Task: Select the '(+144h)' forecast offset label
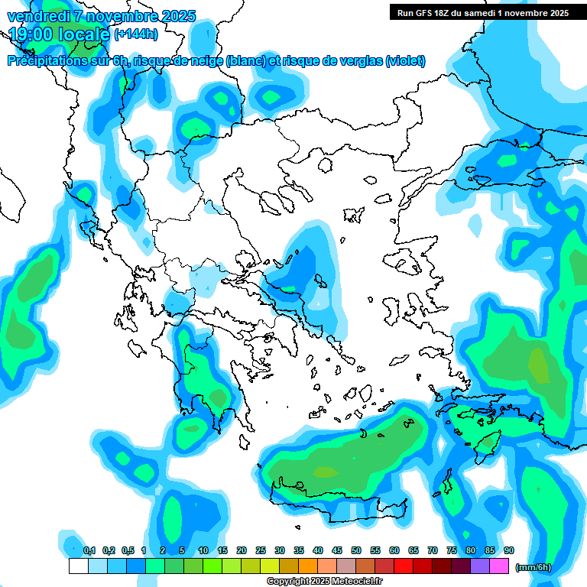coord(136,34)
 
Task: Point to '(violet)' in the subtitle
coord(405,61)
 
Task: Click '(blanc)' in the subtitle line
coord(244,61)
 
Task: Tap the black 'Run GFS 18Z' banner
coord(482,12)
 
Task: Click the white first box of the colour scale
coord(78,566)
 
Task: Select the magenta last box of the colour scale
coord(499,566)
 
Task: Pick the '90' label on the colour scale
coord(509,550)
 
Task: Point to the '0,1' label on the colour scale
coord(89,550)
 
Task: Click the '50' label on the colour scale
coord(356,550)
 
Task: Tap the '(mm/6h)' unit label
coord(533,568)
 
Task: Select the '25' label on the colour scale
coord(261,550)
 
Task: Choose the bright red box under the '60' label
coord(404,566)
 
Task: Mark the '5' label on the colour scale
coord(182,550)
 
